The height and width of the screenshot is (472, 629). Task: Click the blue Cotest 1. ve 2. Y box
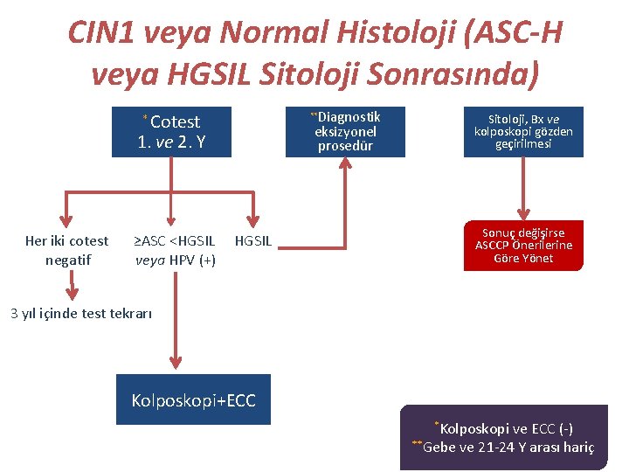click(171, 132)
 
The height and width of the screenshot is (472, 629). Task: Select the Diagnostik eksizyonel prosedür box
click(345, 132)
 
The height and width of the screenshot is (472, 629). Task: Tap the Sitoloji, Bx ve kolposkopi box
click(523, 132)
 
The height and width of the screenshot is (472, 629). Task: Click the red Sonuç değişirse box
click(523, 246)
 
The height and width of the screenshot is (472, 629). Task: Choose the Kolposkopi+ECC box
click(193, 400)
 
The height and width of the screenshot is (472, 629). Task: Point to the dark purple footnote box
click(503, 437)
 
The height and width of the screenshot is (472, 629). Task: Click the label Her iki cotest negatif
click(67, 250)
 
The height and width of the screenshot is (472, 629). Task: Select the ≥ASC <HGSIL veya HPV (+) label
click(175, 250)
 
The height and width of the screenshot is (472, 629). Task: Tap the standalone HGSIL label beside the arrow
click(253, 241)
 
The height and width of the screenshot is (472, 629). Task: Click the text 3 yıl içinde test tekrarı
click(81, 313)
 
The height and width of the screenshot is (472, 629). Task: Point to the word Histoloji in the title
click(378, 33)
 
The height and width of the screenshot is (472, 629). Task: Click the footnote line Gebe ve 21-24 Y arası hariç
click(507, 448)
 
